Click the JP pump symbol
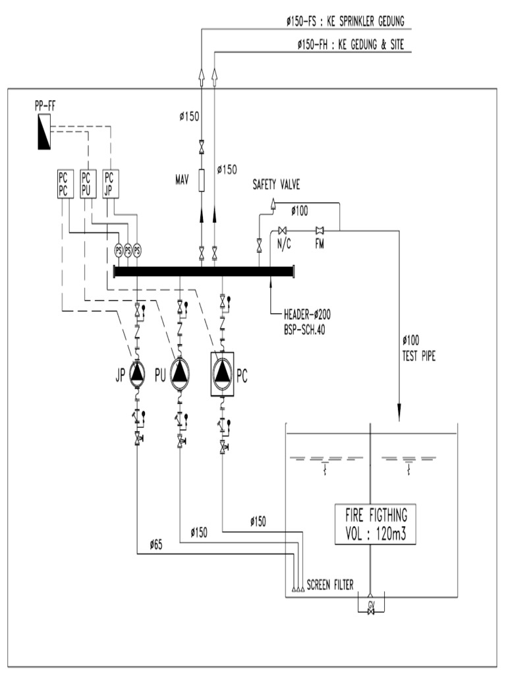tap(136, 372)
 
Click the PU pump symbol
tap(181, 373)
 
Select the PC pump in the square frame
tap(223, 373)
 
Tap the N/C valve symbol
tap(283, 230)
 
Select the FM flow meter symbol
tap(319, 230)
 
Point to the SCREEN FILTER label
tap(329, 584)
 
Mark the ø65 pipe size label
tap(156, 544)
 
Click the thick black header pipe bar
tap(204, 270)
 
